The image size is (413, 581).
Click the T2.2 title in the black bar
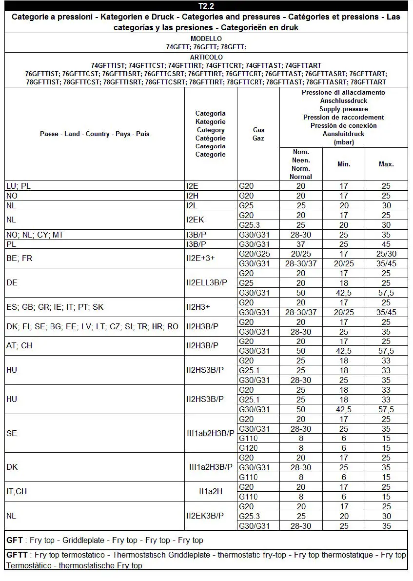[x=206, y=6]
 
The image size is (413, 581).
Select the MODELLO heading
[x=206, y=39]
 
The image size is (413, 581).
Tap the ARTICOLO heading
[x=206, y=57]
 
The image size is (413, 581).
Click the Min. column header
[x=344, y=164]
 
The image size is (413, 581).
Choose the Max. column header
[x=386, y=164]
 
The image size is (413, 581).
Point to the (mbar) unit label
[x=344, y=142]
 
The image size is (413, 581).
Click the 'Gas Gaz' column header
[x=258, y=134]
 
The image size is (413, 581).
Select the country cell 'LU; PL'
[x=19, y=186]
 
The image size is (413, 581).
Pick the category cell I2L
[x=193, y=205]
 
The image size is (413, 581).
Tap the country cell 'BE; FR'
[x=20, y=258]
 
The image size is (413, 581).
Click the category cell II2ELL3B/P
[x=207, y=283]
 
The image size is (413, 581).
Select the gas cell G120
[x=248, y=448]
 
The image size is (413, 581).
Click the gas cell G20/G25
[x=255, y=254]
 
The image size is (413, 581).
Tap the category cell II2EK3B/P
[x=205, y=516]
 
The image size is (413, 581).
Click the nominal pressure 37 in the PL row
[x=301, y=244]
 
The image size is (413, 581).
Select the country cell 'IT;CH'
[x=17, y=491]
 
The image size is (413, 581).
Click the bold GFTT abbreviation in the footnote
[x=18, y=555]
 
